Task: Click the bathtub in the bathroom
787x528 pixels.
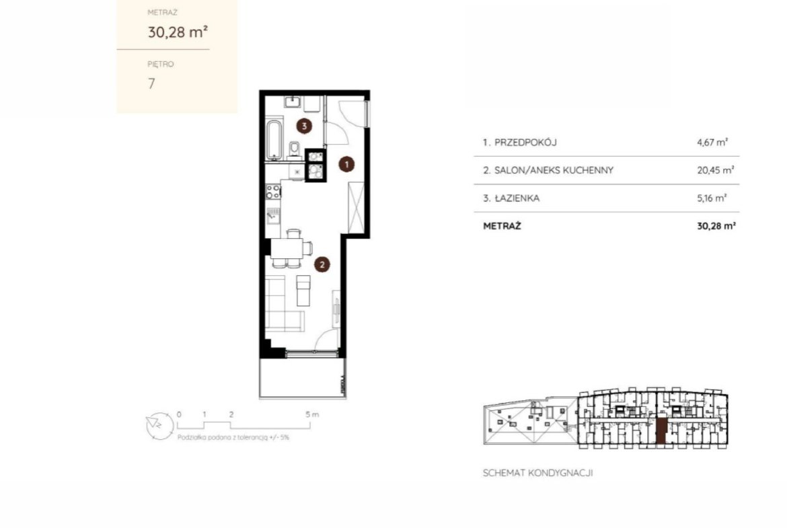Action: (274, 139)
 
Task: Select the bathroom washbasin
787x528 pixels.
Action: (292, 102)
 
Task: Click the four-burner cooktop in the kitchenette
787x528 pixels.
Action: (273, 191)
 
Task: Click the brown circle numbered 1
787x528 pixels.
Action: (346, 164)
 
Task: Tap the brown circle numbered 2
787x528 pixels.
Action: (322, 264)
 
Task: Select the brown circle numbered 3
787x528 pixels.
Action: (304, 126)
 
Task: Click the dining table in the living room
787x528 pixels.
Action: (287, 248)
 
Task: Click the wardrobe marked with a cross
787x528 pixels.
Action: (356, 206)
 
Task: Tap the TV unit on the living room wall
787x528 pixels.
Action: (336, 309)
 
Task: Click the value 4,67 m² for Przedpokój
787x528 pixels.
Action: (712, 142)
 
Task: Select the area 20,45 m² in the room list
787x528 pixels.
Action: (715, 170)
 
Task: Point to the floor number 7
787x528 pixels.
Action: (151, 83)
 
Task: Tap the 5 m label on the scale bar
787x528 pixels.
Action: (311, 414)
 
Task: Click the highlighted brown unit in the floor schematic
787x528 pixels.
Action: (661, 431)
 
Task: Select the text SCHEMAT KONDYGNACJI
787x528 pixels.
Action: (537, 473)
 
